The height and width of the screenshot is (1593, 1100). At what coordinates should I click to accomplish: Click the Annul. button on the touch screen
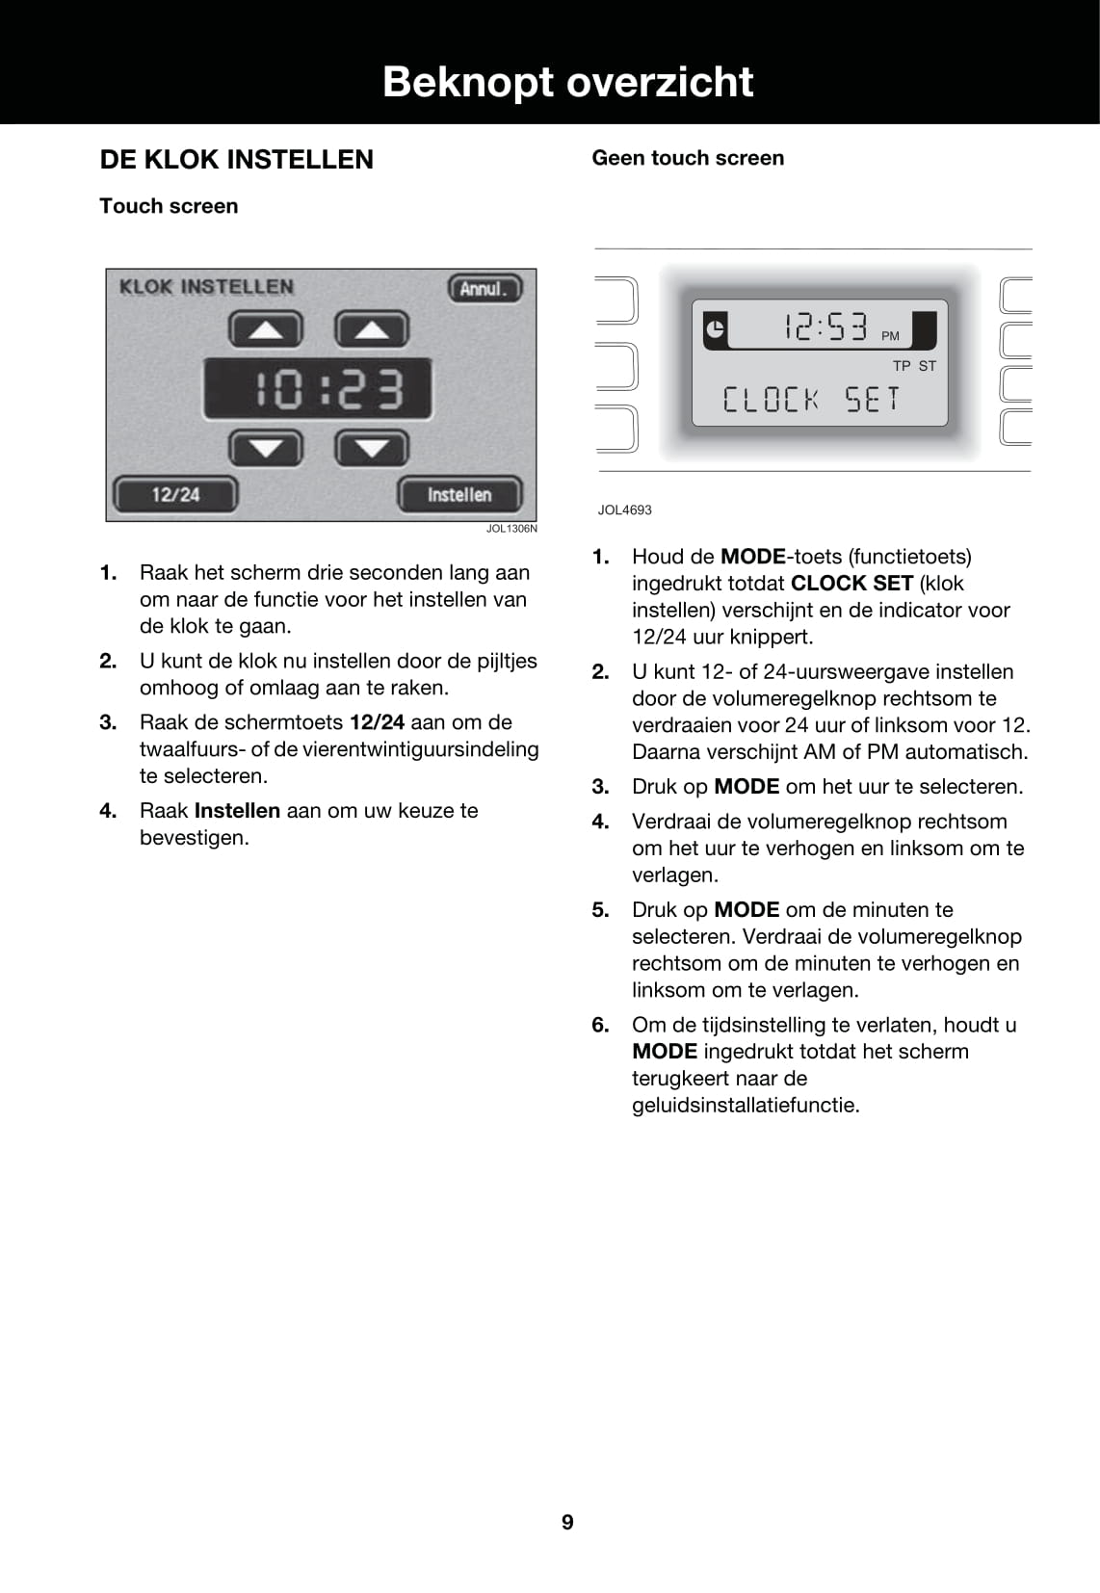(x=485, y=288)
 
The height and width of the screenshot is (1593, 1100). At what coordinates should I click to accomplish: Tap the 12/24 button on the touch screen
(x=175, y=495)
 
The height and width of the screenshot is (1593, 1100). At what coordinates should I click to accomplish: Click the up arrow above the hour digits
(x=266, y=330)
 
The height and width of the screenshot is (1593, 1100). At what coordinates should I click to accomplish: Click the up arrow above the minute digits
(x=372, y=330)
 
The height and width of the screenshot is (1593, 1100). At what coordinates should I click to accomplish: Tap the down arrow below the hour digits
(x=266, y=448)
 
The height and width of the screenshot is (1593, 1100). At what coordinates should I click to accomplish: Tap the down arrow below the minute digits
(x=372, y=448)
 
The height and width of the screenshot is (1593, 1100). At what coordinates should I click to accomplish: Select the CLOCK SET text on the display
(x=811, y=399)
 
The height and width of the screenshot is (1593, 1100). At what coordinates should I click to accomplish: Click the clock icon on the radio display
(x=715, y=329)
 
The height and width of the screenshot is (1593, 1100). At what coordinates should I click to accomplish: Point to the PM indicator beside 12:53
(x=890, y=336)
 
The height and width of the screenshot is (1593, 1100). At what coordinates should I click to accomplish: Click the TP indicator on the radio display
(x=902, y=366)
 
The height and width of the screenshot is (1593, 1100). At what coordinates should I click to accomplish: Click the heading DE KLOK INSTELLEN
(x=237, y=160)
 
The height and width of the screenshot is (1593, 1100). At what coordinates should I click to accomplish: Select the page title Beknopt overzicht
(x=567, y=82)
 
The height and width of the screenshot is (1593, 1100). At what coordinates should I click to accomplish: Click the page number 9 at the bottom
(x=567, y=1522)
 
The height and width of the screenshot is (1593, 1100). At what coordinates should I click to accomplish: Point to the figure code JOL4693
(x=624, y=510)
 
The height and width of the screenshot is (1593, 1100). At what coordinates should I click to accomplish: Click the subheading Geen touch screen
(x=688, y=158)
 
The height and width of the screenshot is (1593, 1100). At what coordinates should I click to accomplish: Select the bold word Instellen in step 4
(x=237, y=811)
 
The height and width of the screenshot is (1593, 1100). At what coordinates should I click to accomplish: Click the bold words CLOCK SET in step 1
(x=851, y=584)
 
